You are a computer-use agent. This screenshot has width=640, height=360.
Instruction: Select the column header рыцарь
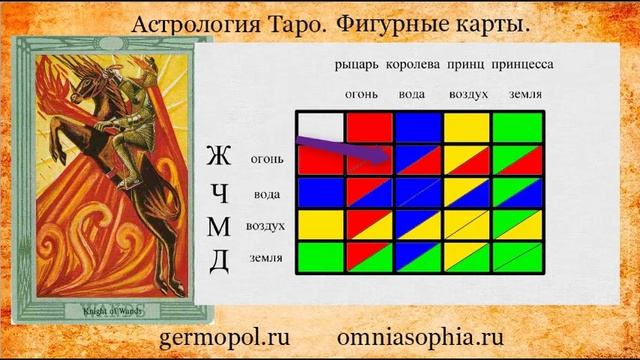[358, 65]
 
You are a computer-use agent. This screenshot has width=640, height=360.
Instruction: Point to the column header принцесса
[522, 65]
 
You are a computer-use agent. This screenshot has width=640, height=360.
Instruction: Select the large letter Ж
[219, 157]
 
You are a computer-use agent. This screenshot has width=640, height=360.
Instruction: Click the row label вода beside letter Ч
[267, 193]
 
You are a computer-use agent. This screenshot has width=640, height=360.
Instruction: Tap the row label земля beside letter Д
[265, 259]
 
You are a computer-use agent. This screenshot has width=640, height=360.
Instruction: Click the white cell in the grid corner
[319, 126]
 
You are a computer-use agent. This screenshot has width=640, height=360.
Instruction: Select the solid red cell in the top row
[368, 127]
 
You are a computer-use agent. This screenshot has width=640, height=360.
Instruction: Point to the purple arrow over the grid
[345, 150]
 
